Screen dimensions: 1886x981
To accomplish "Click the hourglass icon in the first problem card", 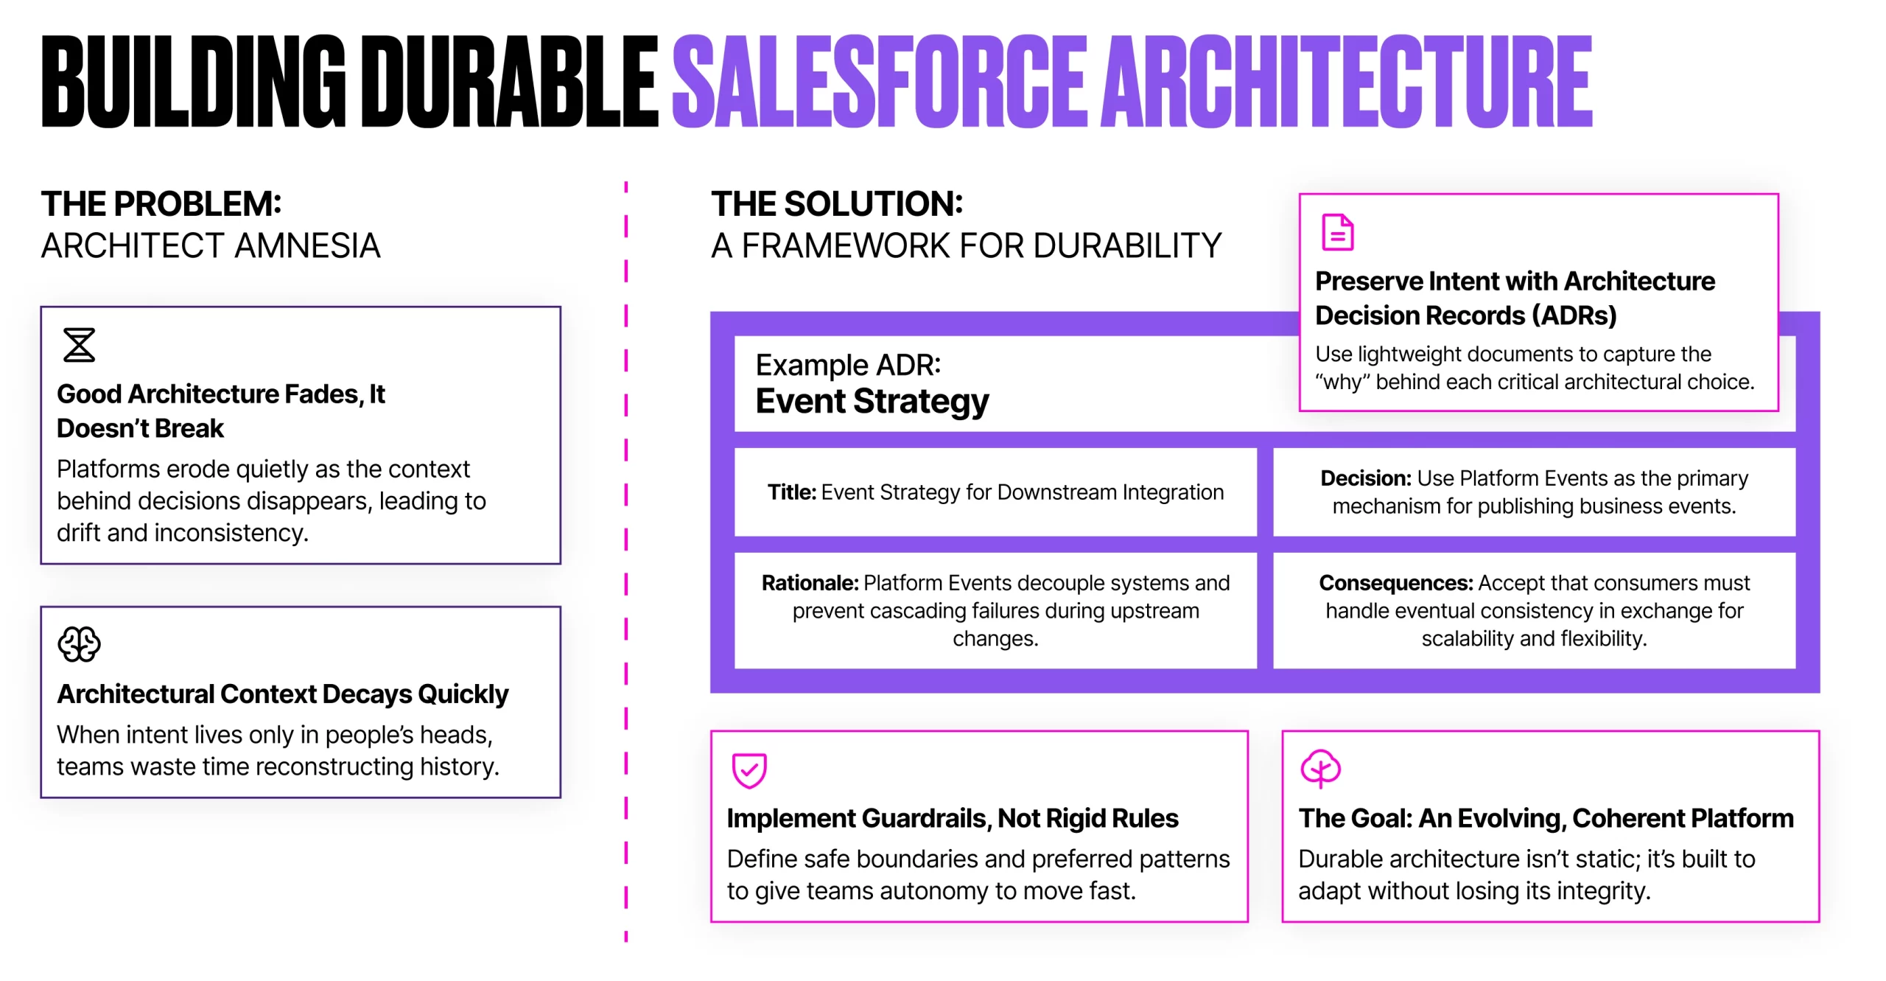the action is click(79, 345).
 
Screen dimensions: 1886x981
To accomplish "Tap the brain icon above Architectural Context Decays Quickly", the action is click(79, 644).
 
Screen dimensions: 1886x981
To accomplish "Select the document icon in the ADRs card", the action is click(1338, 232).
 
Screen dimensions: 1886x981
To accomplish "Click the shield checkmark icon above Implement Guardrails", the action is click(749, 770).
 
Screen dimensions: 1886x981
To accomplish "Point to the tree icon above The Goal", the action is click(1320, 769).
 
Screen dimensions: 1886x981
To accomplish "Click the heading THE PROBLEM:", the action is click(161, 203).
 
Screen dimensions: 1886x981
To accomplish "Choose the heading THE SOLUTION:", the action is click(837, 203).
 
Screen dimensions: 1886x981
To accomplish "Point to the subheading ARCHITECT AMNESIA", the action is click(211, 245).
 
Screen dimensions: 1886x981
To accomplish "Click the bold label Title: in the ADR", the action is click(792, 492).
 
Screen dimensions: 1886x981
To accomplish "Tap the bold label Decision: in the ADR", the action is click(1366, 478).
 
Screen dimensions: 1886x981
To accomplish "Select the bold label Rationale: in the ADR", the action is click(810, 582).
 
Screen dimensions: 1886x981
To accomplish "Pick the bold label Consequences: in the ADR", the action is click(1396, 582).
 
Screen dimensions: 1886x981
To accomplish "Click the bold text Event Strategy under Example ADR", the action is click(872, 401).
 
